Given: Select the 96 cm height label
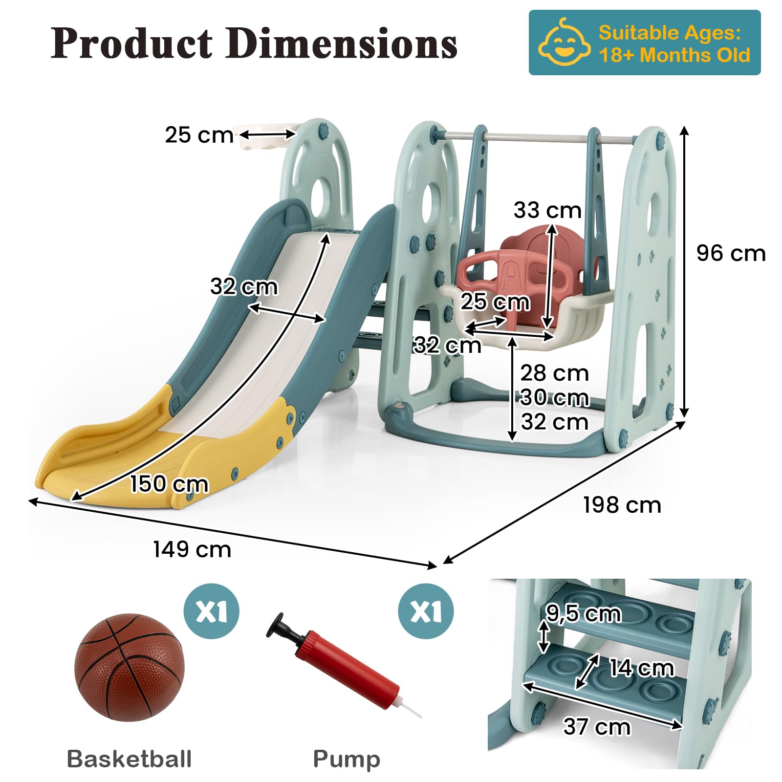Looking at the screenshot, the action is tap(731, 253).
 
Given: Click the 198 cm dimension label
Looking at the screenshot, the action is tap(622, 505).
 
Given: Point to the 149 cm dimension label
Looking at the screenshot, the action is tap(192, 549).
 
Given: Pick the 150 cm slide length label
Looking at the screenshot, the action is tap(169, 484).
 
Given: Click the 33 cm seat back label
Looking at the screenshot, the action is tap(547, 210).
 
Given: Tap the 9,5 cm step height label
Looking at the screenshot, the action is tap(584, 613).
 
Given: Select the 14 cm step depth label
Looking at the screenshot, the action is tap(641, 668).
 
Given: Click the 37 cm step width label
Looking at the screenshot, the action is tap(597, 726).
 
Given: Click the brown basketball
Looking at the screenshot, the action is tap(130, 667).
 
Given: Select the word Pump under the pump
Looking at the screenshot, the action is tap(347, 760).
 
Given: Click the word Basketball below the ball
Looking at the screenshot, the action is tap(129, 759).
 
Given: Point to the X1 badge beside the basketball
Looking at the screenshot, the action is tap(211, 611).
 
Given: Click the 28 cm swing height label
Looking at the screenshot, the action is tap(554, 373).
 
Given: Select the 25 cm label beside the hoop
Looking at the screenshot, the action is tap(199, 135).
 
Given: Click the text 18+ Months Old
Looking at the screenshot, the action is tap(674, 55).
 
